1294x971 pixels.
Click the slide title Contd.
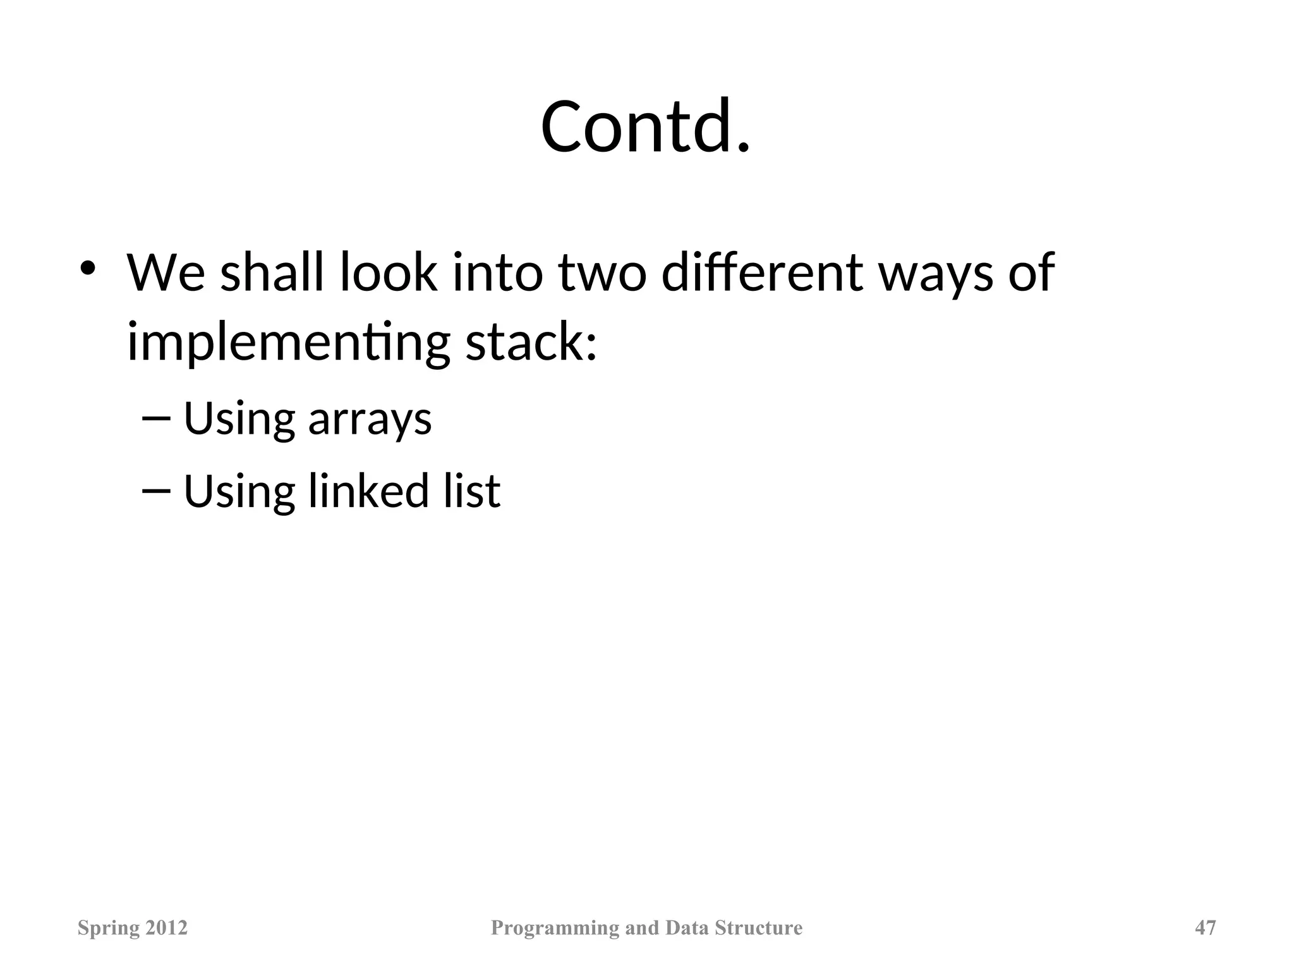(x=646, y=126)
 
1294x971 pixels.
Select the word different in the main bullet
(x=761, y=273)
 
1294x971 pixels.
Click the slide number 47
(x=1206, y=927)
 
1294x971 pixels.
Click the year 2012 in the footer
(x=167, y=927)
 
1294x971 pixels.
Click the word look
(x=388, y=273)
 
